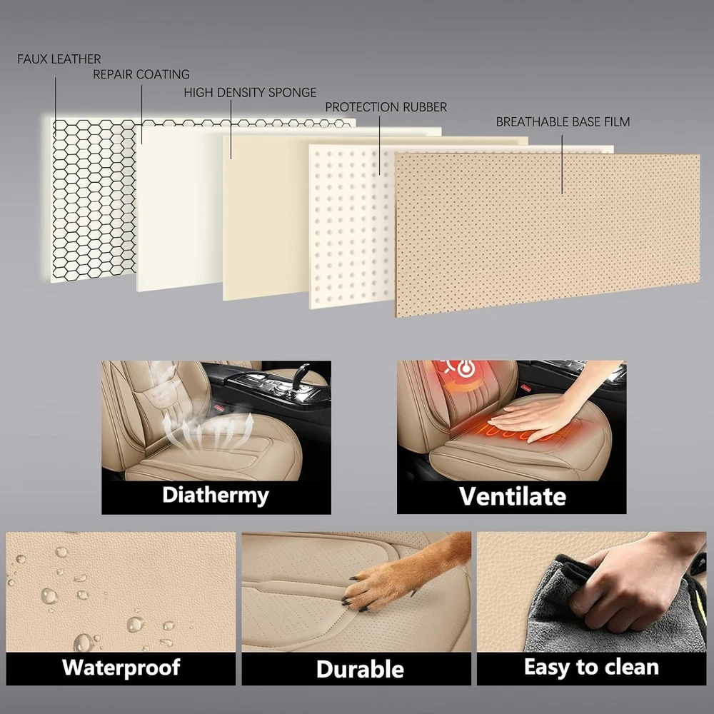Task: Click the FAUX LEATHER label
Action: click(x=59, y=59)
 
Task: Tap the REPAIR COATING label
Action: click(x=141, y=74)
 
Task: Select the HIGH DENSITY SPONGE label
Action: click(x=250, y=92)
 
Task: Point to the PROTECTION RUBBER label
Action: click(x=386, y=107)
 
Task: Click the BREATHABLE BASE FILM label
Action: click(x=563, y=122)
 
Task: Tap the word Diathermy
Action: click(x=216, y=496)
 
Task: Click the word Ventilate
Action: click(x=512, y=496)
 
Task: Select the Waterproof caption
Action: click(x=121, y=668)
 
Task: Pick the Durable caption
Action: click(x=360, y=669)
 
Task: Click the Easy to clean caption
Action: click(x=591, y=667)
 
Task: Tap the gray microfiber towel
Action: click(x=610, y=610)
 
